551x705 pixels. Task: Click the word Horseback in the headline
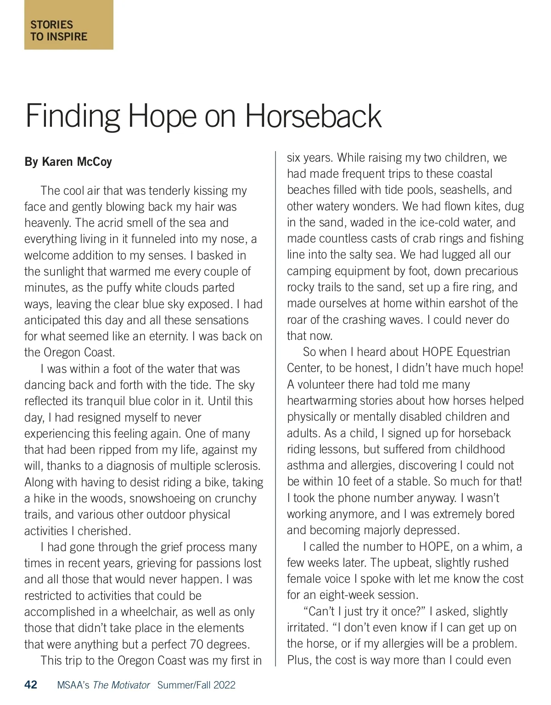tap(313, 117)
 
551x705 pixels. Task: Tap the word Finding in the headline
tap(72, 117)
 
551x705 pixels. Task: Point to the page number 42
tap(31, 685)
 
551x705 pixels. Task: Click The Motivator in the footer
tap(121, 685)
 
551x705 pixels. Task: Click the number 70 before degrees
tap(197, 644)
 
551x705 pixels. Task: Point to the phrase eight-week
tap(342, 595)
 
